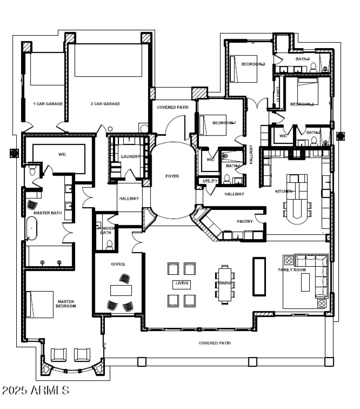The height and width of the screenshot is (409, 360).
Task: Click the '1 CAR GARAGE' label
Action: click(48, 104)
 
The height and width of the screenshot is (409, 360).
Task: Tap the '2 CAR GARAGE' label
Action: click(105, 104)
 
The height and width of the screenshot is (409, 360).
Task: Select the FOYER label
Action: click(172, 176)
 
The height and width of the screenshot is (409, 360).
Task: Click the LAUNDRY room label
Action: click(130, 157)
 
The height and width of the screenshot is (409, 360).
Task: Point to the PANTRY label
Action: click(244, 222)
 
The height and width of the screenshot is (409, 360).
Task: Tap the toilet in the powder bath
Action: click(109, 245)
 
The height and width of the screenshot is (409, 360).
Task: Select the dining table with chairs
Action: click(225, 283)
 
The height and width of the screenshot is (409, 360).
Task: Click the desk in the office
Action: click(121, 291)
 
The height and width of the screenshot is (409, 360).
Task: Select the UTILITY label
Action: click(210, 181)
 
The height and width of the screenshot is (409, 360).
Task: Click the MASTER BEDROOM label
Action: click(66, 304)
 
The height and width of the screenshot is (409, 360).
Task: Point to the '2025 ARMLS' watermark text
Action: click(36, 390)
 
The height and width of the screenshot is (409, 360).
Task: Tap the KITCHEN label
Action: click(284, 191)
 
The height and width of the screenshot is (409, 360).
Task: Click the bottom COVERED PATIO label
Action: click(215, 343)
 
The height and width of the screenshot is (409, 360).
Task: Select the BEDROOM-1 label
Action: click(224, 123)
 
